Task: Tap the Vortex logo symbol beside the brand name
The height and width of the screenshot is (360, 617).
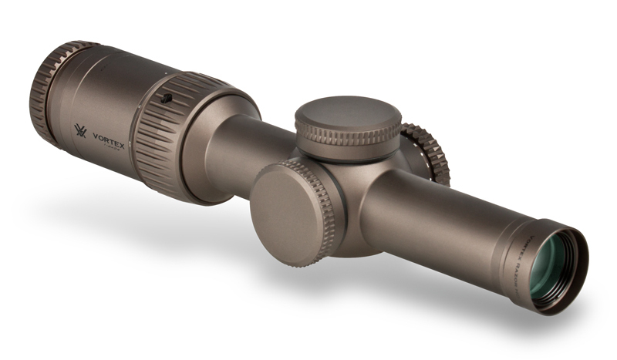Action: pos(80,131)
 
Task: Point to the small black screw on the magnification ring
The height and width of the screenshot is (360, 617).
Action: pos(166,98)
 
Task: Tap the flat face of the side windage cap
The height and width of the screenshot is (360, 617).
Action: pos(285,204)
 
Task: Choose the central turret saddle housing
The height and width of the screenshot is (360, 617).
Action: pos(362,200)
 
